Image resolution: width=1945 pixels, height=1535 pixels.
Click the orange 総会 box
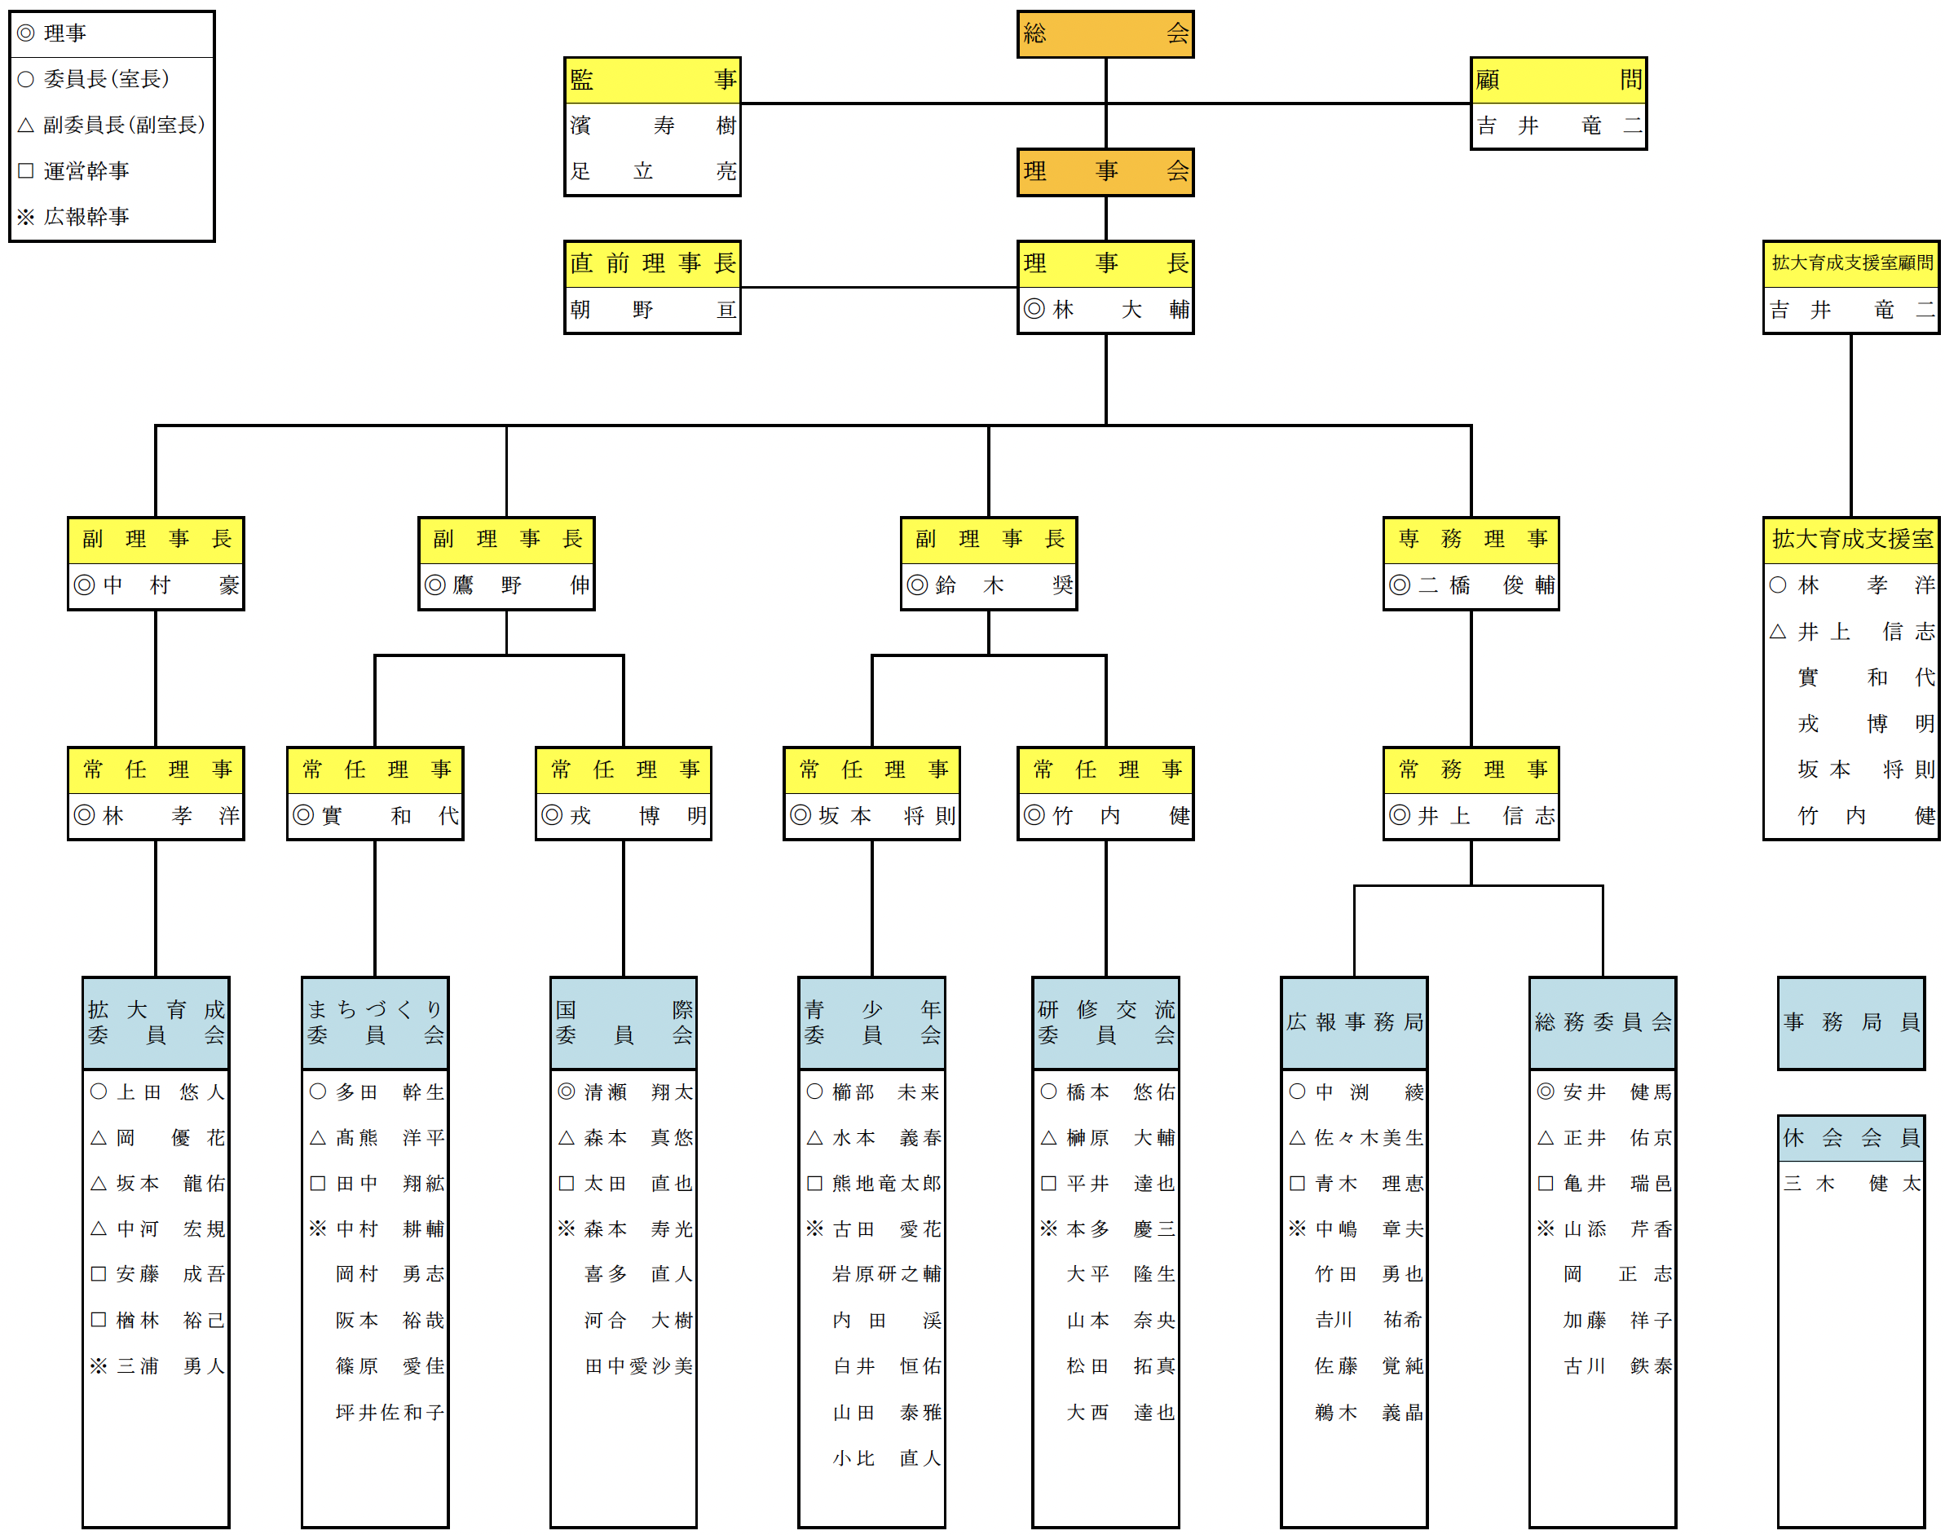[1105, 34]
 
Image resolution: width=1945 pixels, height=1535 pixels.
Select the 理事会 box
[1105, 172]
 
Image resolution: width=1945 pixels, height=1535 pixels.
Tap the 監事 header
[651, 80]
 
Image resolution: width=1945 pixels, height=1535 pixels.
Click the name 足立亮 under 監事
[651, 172]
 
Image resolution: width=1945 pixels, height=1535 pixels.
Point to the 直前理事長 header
[651, 263]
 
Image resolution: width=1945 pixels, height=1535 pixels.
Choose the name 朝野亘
[651, 310]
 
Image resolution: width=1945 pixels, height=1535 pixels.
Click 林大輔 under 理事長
[1105, 310]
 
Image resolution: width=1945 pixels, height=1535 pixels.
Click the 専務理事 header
[1471, 539]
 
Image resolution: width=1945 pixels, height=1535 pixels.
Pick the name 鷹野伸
[506, 586]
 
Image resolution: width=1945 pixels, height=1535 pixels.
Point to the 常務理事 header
[1471, 770]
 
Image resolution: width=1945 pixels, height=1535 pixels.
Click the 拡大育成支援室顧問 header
[1850, 263]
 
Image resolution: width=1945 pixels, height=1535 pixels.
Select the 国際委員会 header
[623, 1023]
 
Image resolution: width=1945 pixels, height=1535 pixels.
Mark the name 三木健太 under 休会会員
[1850, 1184]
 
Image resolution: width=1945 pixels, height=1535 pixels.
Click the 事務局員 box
[1850, 1023]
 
